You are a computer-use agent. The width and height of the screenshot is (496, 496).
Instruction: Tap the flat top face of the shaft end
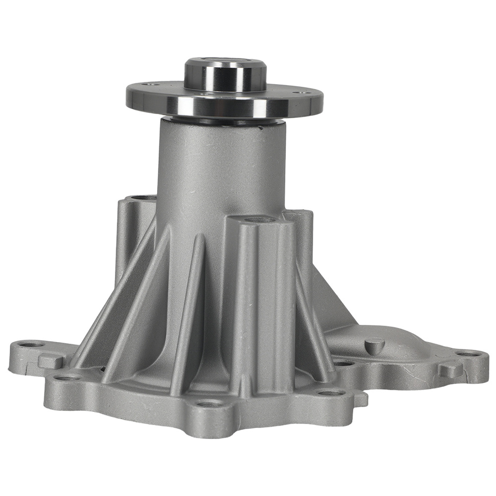(x=225, y=63)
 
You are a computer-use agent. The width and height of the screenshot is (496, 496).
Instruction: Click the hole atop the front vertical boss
(x=258, y=219)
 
